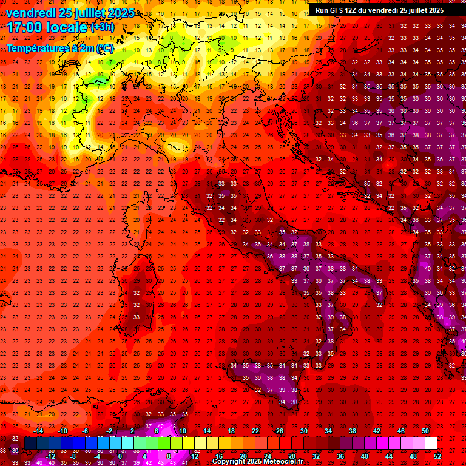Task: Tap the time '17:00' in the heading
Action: tap(25, 27)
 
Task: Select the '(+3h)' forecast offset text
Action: tap(101, 27)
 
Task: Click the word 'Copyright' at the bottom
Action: tap(229, 462)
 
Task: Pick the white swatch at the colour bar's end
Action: tap(431, 444)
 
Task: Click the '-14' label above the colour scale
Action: tap(39, 431)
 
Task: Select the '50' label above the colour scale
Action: tap(425, 431)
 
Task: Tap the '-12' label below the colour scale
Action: tap(51, 456)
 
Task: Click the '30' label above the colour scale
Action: tap(303, 431)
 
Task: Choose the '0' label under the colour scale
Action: tap(120, 456)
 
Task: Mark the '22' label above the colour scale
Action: tap(255, 431)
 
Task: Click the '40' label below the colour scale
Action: tap(365, 456)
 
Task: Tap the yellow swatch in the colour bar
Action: tap(188, 444)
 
